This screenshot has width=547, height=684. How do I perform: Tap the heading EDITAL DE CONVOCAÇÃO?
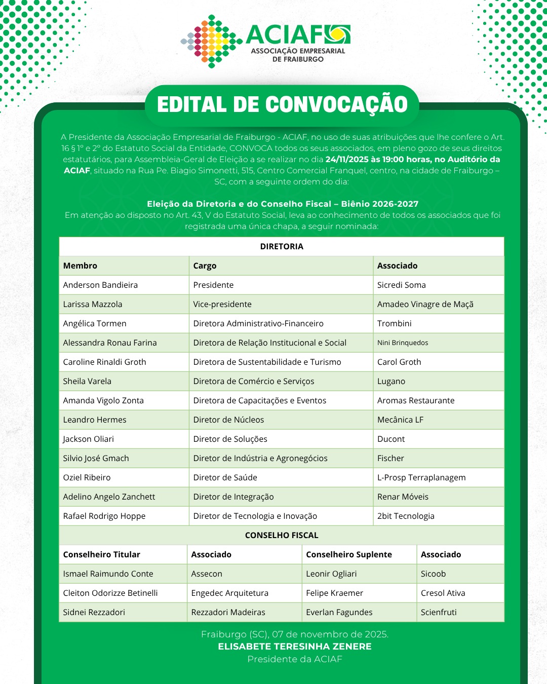[x=282, y=105]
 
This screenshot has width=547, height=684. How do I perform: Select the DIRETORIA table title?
[x=282, y=246]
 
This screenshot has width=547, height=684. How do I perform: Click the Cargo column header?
[x=205, y=265]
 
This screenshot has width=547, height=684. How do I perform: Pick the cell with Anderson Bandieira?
[x=100, y=285]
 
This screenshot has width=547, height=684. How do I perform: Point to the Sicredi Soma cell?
[x=401, y=285]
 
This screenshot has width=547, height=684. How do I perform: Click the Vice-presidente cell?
[x=222, y=304]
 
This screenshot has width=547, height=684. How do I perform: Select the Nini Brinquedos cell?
[x=403, y=343]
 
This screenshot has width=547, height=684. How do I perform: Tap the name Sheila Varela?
[x=87, y=381]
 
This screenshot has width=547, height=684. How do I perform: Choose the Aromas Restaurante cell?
[x=416, y=400]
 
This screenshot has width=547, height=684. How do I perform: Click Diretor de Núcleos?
[x=228, y=420]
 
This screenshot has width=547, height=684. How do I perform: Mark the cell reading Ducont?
[x=391, y=439]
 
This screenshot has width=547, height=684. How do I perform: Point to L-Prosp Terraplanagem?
[x=421, y=477]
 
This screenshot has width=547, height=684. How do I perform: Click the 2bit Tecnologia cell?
[x=406, y=516]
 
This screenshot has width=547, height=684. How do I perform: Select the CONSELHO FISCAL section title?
[x=282, y=535]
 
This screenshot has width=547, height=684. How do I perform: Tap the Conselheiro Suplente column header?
[x=349, y=554]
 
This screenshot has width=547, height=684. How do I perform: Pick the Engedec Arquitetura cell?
[x=229, y=593]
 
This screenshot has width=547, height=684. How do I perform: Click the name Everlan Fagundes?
[x=339, y=612]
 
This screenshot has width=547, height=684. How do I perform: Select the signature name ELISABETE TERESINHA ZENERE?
[x=295, y=647]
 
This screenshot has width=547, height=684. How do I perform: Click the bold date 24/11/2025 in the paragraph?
[x=347, y=159]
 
